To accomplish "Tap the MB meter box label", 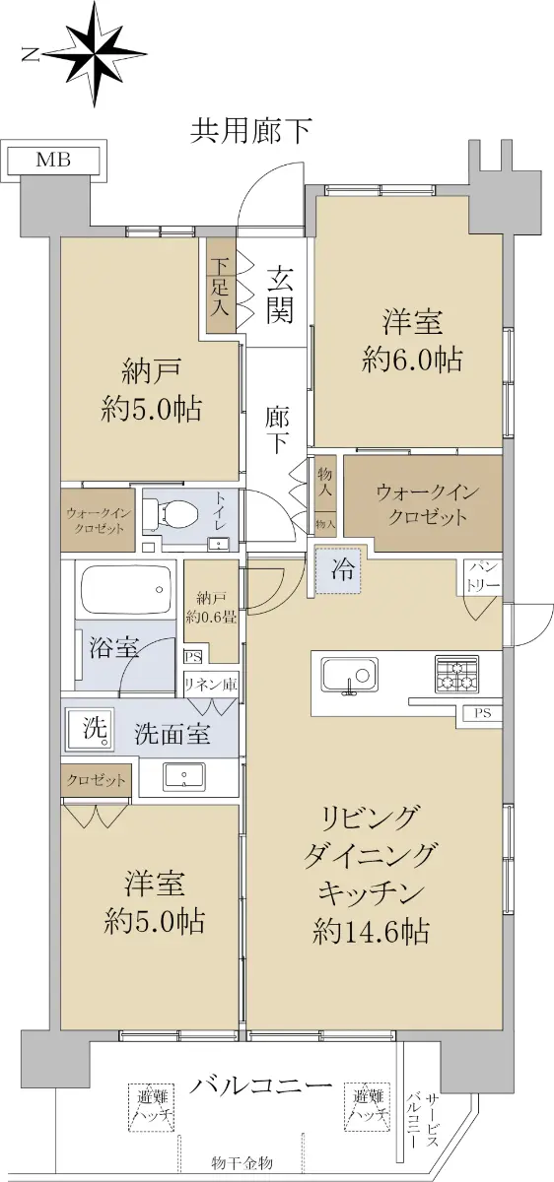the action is coord(53,160).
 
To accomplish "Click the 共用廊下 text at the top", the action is coord(250,131).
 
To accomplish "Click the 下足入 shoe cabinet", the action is coord(220,286).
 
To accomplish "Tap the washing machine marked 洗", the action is coord(90,729).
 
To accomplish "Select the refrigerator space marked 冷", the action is coord(338,570).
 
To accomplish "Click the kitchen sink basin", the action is coord(350,675).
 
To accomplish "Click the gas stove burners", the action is coord(456,674).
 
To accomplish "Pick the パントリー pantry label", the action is coord(482,577).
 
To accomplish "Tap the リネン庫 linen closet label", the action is coord(211,685).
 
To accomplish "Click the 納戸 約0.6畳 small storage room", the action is coord(211,611).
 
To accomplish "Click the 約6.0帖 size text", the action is coord(412,360).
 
